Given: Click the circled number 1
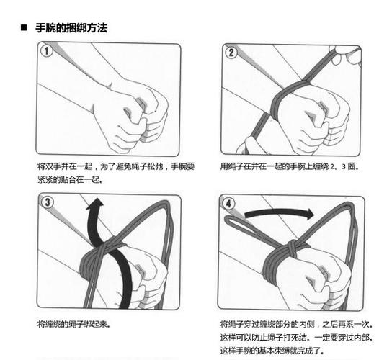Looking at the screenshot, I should click(x=47, y=52).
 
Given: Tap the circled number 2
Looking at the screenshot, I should click(x=231, y=52).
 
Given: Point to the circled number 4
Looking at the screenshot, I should click(x=229, y=203).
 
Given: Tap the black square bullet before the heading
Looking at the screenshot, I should click(x=23, y=27).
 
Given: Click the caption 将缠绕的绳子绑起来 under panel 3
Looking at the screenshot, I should click(x=73, y=325).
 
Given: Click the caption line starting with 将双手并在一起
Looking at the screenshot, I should click(x=115, y=166).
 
